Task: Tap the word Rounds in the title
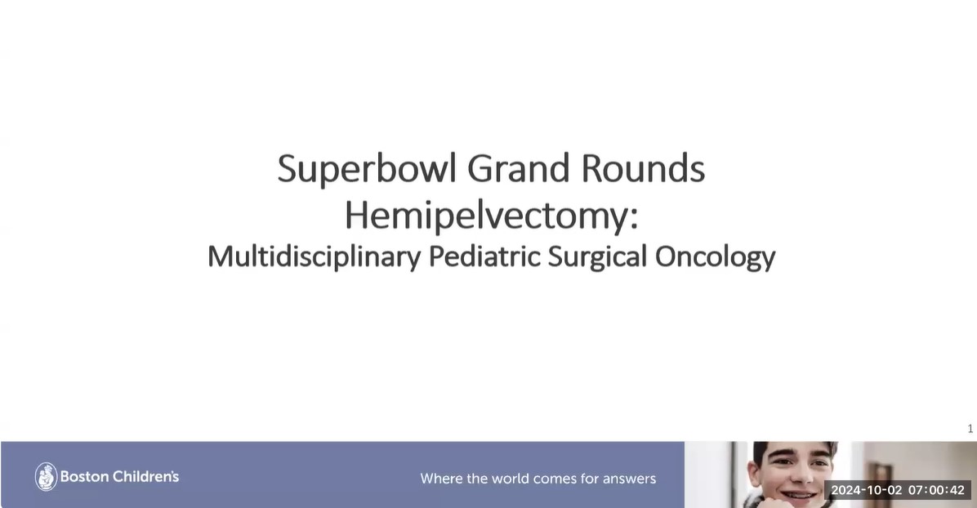[x=643, y=169]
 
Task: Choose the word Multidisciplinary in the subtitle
[x=314, y=257]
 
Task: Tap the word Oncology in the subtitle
[x=715, y=257]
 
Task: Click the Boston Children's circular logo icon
[x=46, y=477]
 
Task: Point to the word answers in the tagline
[x=626, y=479]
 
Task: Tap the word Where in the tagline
[x=441, y=479]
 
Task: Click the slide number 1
[x=970, y=429]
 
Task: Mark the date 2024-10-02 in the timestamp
[x=866, y=490]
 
